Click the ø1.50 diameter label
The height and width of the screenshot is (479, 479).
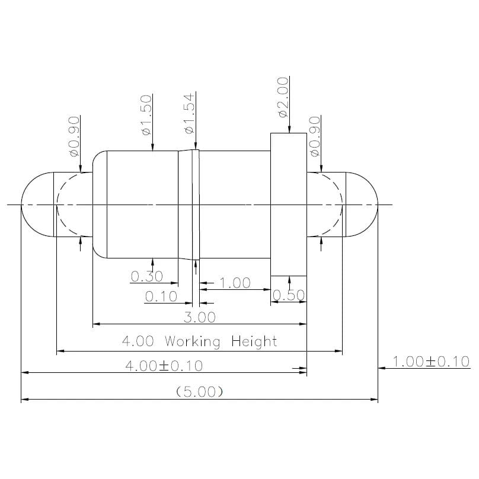(146, 114)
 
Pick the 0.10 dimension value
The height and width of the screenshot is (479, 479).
(161, 296)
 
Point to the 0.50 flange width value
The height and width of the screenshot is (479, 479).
(289, 296)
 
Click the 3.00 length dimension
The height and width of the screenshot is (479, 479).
(199, 317)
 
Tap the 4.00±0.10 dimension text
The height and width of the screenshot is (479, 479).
(164, 366)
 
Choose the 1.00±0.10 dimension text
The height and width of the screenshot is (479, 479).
(431, 361)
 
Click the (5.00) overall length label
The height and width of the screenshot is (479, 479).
(199, 392)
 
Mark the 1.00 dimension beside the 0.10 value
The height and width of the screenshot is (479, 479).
(235, 283)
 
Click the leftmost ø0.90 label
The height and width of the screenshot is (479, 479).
(74, 136)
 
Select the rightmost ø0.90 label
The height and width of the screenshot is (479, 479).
(315, 136)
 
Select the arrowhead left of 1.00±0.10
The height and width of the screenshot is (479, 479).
(382, 368)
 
